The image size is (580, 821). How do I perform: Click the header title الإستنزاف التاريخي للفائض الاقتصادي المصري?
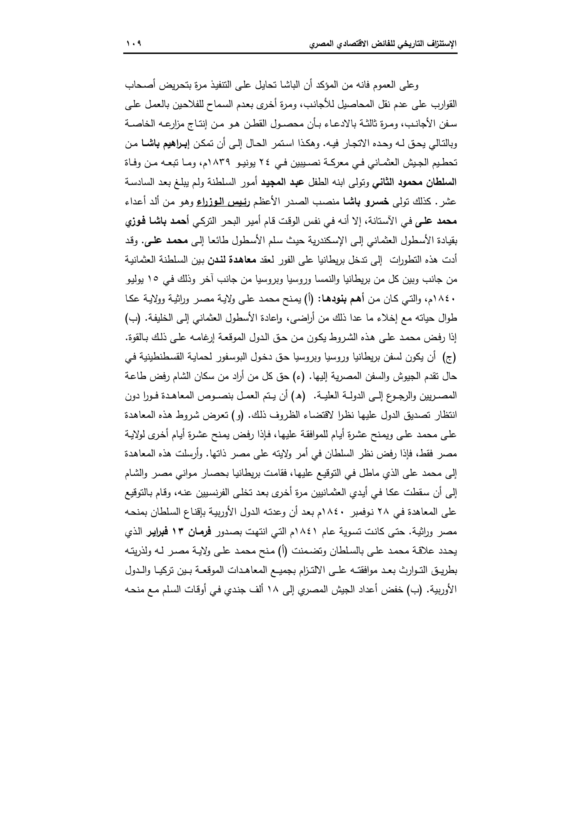(383, 44)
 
